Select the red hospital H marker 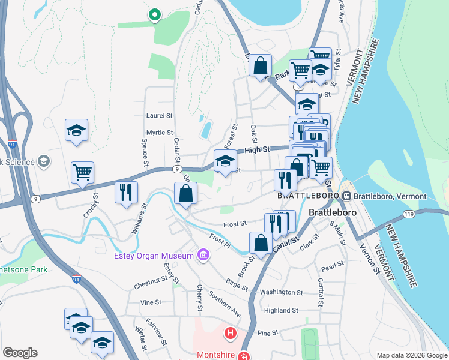click(229, 332)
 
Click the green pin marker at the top click(154, 14)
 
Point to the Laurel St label click(159, 115)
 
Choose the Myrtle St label click(159, 133)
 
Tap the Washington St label click(282, 292)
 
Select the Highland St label click(281, 310)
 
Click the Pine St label click(267, 332)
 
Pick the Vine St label click(147, 303)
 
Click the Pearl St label click(331, 263)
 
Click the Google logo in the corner click(20, 353)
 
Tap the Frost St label click(235, 224)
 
